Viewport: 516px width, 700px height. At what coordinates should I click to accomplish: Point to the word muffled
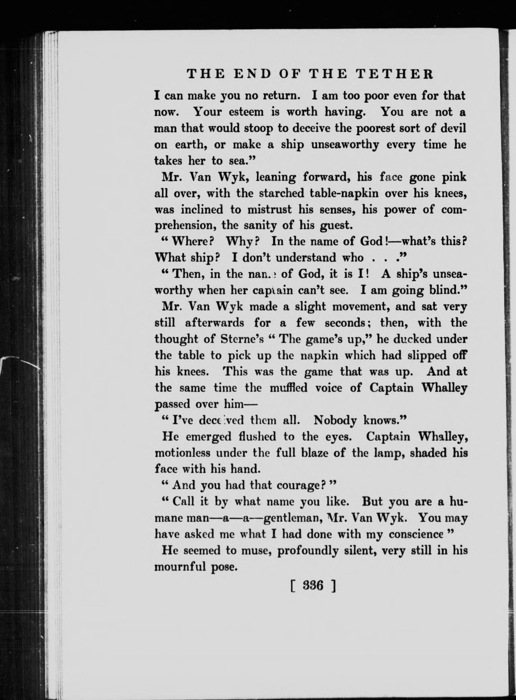[288, 388]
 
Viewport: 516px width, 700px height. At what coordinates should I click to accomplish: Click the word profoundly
[308, 551]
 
